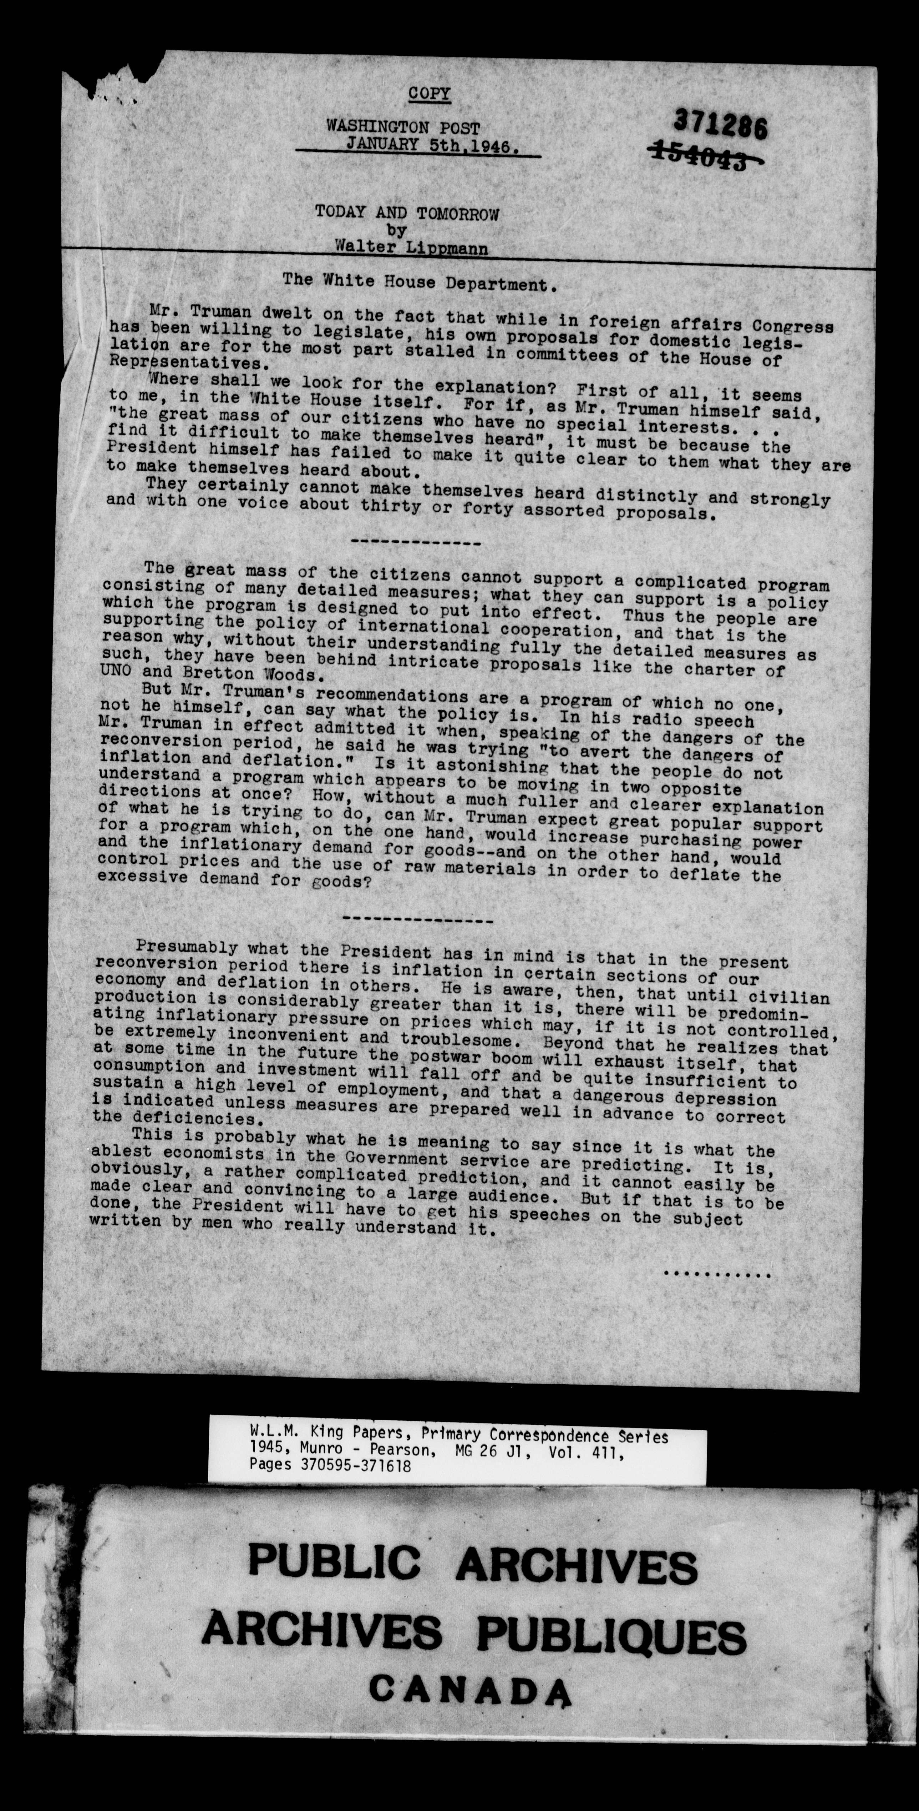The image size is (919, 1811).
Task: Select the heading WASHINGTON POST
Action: click(402, 128)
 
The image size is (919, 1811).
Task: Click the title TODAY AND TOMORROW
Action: click(407, 213)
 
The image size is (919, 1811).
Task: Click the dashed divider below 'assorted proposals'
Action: click(415, 543)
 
